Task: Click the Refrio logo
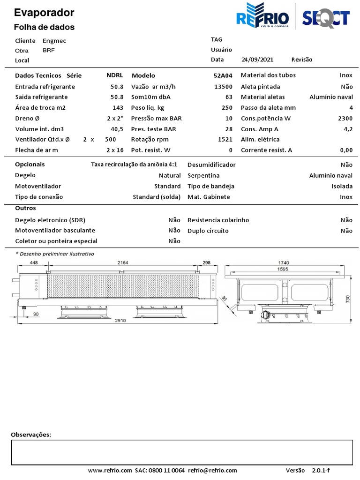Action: (262, 17)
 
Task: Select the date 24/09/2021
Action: (257, 60)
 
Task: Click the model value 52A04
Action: (223, 75)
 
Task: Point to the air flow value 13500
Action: (223, 87)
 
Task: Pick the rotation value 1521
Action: (225, 139)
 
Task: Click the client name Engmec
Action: (54, 41)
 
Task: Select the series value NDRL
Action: (114, 75)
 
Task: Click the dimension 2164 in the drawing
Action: (122, 263)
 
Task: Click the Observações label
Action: (31, 435)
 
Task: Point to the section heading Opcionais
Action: (30, 165)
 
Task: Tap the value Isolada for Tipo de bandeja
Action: (342, 186)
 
